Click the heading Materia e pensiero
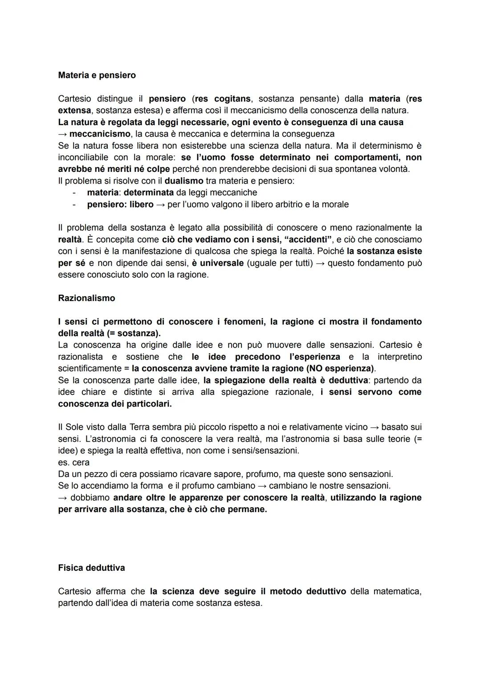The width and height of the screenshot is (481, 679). click(x=97, y=75)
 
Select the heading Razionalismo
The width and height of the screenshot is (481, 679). click(x=86, y=298)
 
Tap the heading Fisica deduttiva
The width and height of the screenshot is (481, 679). click(x=91, y=568)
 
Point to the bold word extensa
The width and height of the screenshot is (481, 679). click(x=74, y=110)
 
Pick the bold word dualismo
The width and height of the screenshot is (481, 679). click(x=183, y=181)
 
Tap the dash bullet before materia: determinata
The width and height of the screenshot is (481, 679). click(x=75, y=193)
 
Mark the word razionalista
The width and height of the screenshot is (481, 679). click(x=80, y=357)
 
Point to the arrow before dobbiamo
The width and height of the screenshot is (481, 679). click(x=62, y=497)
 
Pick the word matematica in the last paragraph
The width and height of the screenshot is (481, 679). click(x=396, y=591)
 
